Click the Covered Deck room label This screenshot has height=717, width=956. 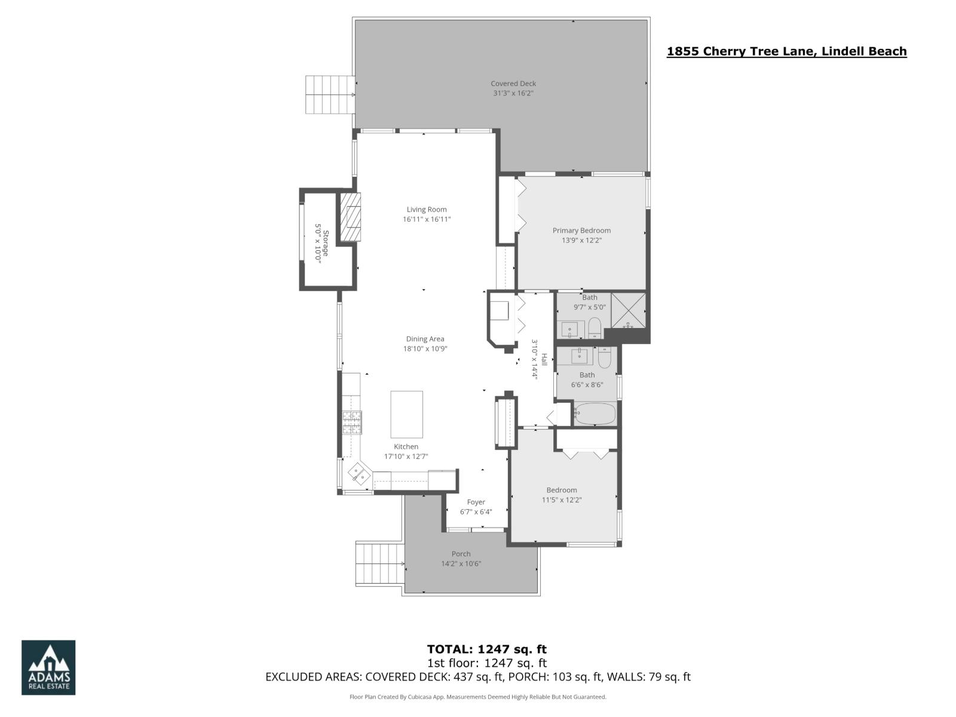(x=513, y=84)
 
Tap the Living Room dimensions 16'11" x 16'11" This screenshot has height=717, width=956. (x=426, y=219)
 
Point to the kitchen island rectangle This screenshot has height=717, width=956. (x=406, y=414)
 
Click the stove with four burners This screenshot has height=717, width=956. (x=352, y=422)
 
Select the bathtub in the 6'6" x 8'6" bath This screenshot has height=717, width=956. (x=595, y=413)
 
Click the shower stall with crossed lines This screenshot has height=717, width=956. (x=628, y=310)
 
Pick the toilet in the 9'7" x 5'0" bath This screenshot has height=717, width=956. (x=595, y=327)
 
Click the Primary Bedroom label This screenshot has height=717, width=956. (x=581, y=230)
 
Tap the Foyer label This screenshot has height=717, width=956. (x=476, y=502)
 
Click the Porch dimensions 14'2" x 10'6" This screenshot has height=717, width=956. (x=461, y=563)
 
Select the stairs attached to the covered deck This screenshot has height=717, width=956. (x=330, y=94)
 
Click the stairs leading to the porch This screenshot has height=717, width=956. (x=379, y=564)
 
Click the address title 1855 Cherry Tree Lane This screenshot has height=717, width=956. (x=786, y=51)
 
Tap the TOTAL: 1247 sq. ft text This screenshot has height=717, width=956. (x=486, y=649)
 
